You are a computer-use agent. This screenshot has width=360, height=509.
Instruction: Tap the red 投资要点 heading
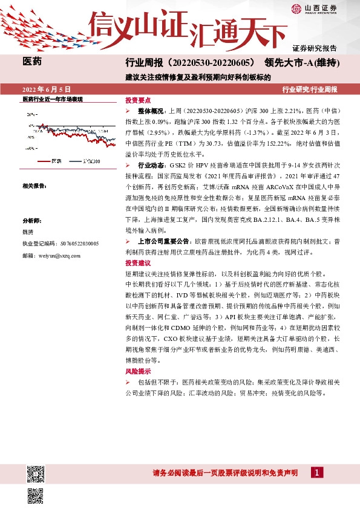click(x=139, y=100)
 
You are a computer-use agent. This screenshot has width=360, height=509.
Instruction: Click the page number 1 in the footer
click(x=316, y=472)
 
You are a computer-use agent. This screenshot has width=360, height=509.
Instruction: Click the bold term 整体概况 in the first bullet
click(x=151, y=112)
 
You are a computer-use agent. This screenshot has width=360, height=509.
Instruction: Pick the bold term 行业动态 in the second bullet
click(x=151, y=165)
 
